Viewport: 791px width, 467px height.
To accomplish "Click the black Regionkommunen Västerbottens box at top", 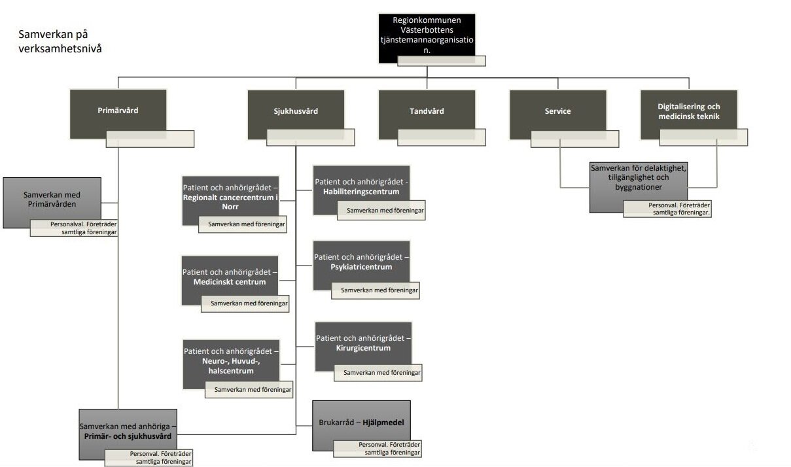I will coord(427,36).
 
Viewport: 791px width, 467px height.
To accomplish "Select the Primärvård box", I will coord(118,111).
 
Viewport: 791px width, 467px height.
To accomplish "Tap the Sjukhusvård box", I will coord(296,111).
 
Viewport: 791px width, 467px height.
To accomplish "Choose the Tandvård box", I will coord(427,111).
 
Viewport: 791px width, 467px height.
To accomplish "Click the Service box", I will coord(557,111).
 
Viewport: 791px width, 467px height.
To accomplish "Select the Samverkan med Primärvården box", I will coord(52,199).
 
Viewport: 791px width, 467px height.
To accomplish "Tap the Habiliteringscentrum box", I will coord(361,186).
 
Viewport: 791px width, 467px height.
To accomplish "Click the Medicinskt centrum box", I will coord(230,277).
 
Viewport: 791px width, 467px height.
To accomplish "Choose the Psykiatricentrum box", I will coord(361,262).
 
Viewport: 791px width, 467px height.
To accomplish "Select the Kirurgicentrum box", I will coord(363,343).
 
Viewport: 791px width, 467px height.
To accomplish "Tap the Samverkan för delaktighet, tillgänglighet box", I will coord(638,179).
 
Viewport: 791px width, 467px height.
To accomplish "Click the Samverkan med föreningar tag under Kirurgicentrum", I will coord(378,373).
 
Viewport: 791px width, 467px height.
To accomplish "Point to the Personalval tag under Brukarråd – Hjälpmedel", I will coord(377,448).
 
